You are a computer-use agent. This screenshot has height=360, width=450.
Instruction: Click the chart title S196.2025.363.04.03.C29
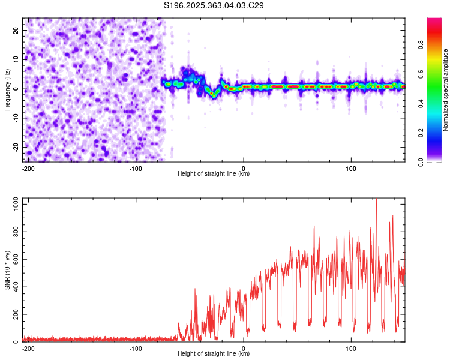214,5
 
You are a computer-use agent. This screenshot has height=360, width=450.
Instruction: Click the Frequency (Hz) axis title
7,89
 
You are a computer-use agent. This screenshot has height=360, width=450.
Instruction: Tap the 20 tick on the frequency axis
16,30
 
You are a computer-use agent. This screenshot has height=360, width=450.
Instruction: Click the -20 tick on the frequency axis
15,147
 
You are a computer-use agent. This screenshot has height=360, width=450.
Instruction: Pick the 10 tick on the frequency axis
16,59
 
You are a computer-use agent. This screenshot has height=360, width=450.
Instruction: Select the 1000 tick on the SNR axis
12,205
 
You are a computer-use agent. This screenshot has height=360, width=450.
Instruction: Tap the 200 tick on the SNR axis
14,315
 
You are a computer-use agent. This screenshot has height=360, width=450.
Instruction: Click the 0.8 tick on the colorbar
437,44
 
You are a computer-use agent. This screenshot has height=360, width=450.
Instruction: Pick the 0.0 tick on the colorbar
437,161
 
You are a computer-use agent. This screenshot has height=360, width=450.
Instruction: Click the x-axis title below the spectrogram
214,174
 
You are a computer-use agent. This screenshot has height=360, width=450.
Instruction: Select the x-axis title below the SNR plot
214,354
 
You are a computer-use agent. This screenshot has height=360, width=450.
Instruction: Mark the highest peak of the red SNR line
376,200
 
